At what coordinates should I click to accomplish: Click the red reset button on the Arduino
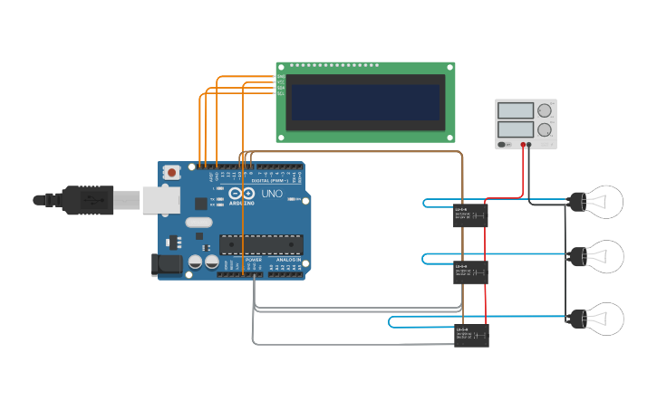click(x=171, y=172)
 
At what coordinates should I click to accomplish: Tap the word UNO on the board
click(x=272, y=194)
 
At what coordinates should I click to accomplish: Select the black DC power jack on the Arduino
click(x=169, y=264)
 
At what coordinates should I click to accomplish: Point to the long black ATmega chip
click(x=259, y=243)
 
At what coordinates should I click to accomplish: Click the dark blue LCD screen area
click(x=365, y=102)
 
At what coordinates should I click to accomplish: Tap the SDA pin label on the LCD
click(x=281, y=88)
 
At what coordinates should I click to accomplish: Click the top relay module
click(x=470, y=215)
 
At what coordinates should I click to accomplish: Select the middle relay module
click(x=470, y=272)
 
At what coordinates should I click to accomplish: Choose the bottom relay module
click(x=470, y=336)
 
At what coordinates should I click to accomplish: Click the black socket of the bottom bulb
click(x=577, y=319)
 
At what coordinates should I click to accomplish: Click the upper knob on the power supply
click(x=545, y=111)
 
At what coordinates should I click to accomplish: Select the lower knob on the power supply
click(x=545, y=130)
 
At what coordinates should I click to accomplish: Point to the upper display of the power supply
click(x=516, y=111)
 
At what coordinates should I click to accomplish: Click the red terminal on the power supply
click(x=523, y=144)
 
